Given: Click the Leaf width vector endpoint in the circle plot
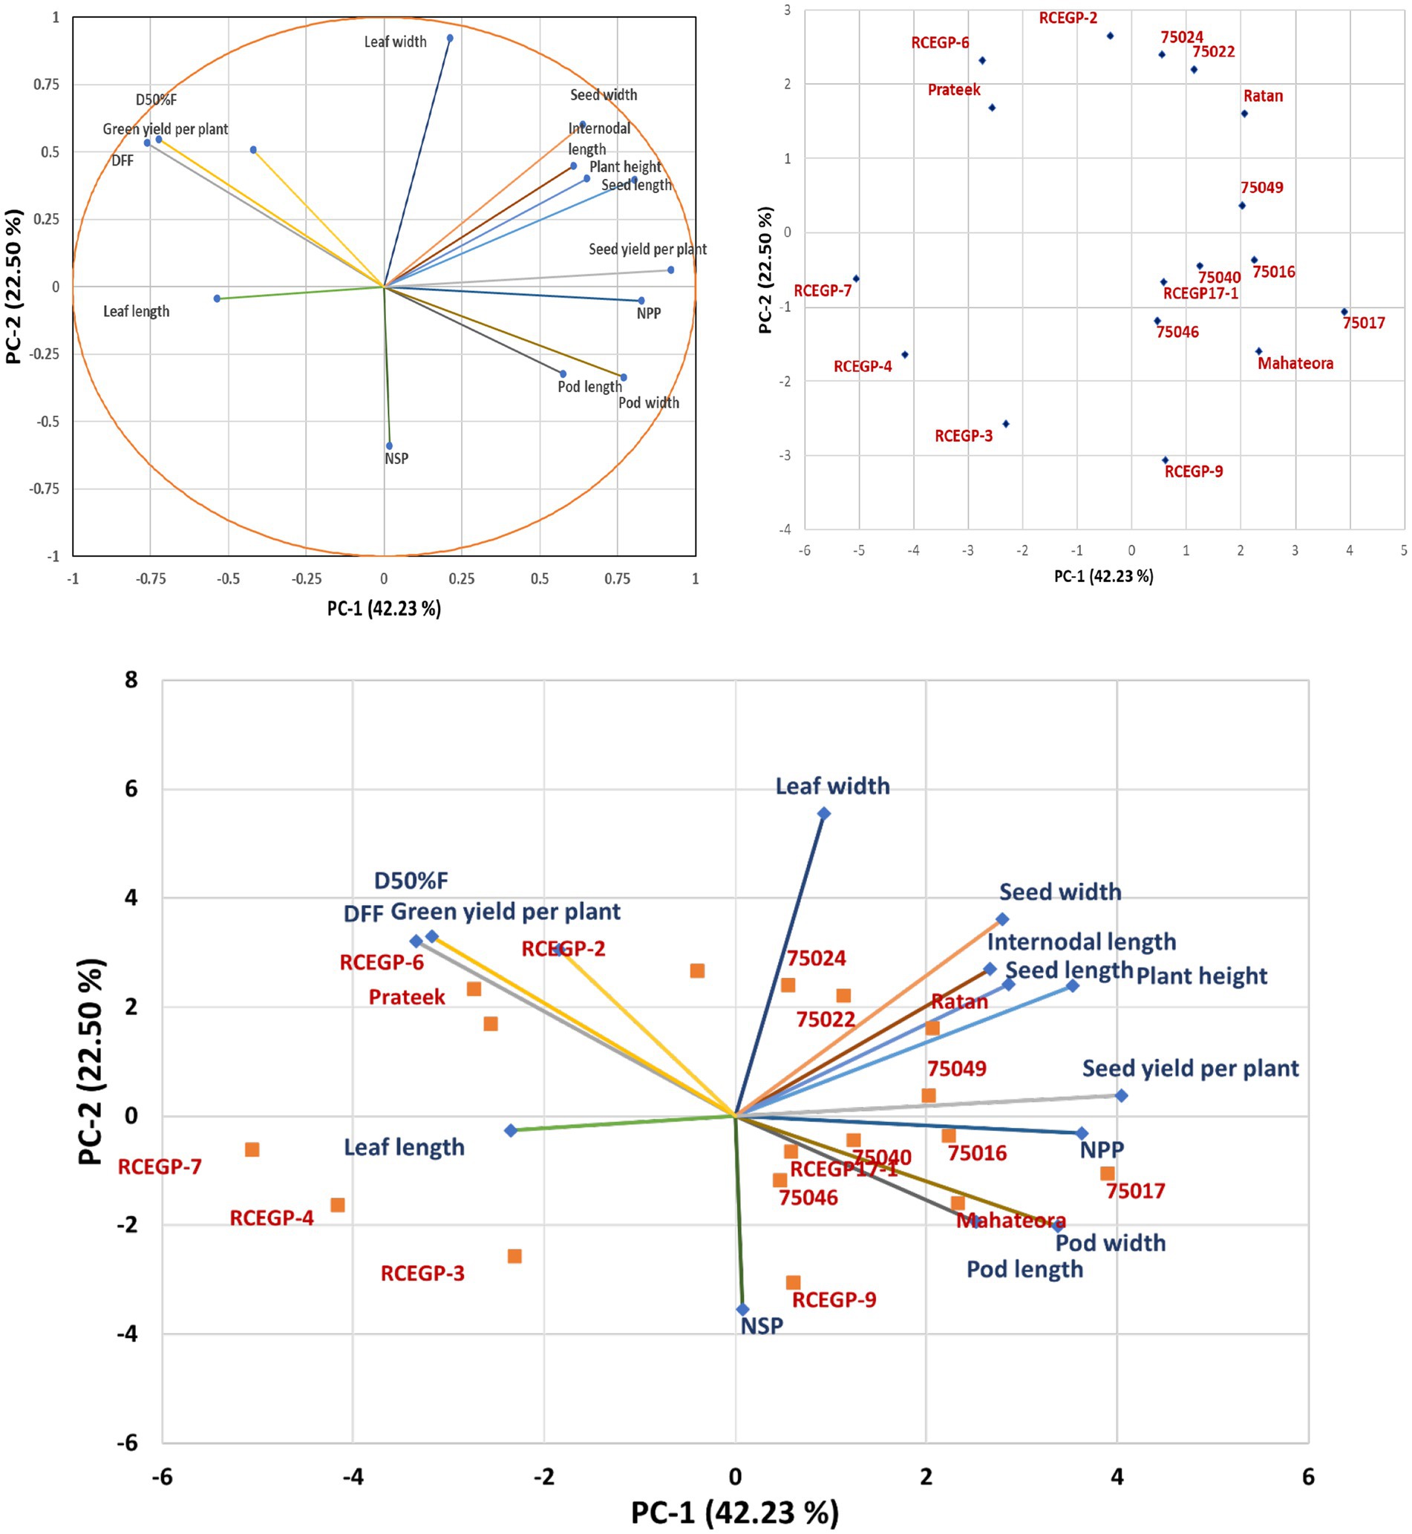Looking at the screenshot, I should point(449,38).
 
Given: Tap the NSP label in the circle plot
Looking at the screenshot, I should point(396,459).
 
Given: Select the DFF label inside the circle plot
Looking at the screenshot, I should point(122,160).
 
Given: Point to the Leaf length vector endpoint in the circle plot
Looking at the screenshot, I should point(217,298).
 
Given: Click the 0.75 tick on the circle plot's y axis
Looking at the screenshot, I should point(46,84).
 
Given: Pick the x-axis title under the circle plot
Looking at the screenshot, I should point(384,608).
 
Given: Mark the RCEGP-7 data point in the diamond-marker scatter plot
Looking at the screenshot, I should point(856,278).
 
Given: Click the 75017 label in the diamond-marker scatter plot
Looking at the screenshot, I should point(1363,323).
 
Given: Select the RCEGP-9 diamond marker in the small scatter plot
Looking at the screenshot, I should point(1166,460).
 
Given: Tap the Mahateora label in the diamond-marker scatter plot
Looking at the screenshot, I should point(1295,364).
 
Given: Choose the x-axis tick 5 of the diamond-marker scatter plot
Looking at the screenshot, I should point(1404,550).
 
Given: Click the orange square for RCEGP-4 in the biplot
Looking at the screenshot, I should point(337,1205).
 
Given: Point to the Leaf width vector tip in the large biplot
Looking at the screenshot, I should point(824,813).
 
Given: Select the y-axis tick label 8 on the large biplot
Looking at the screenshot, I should point(131,679).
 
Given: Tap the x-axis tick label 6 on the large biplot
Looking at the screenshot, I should point(1307,1478).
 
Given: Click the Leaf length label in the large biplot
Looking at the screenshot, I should point(403,1147).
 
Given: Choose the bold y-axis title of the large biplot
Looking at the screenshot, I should point(90,1063).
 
